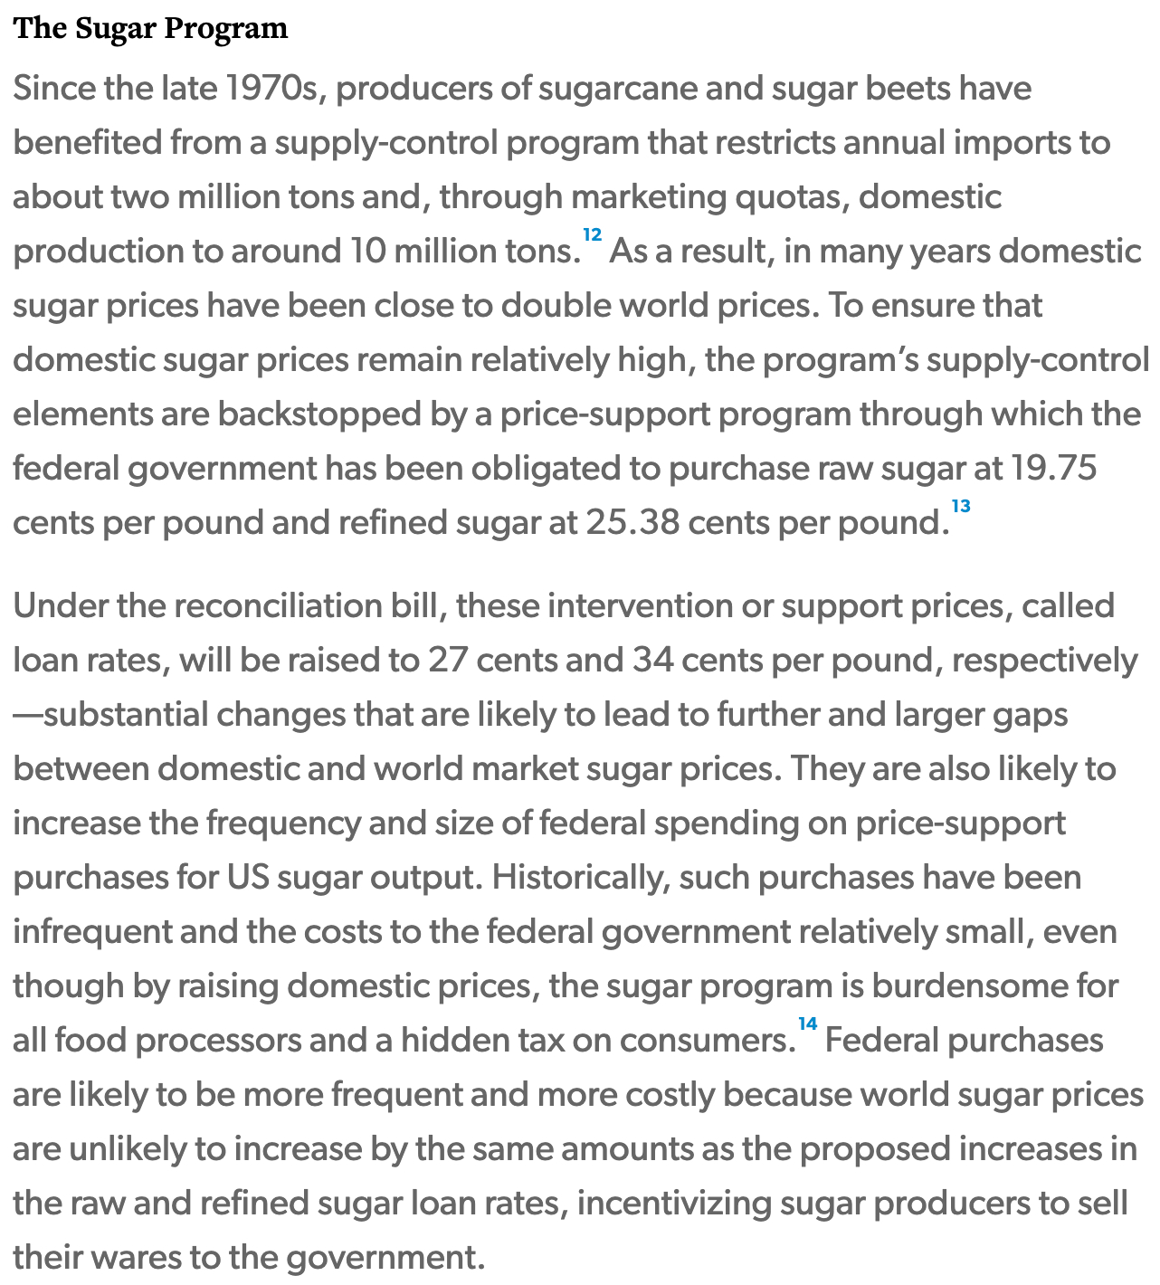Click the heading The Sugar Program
pyautogui.click(x=150, y=29)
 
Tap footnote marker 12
pyautogui.click(x=592, y=235)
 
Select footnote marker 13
pyautogui.click(x=960, y=507)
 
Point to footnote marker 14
pyautogui.click(x=807, y=1024)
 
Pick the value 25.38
pyautogui.click(x=632, y=523)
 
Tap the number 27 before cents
pyautogui.click(x=447, y=661)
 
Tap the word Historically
pyautogui.click(x=580, y=878)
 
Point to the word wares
pyautogui.click(x=137, y=1258)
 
